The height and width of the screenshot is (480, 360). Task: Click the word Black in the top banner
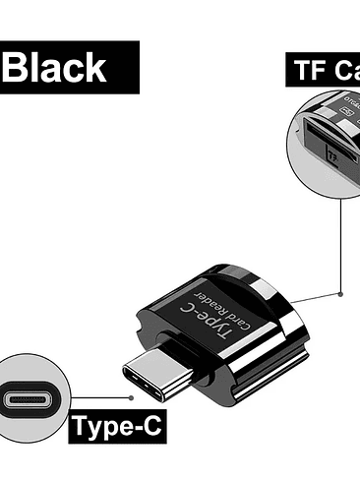coord(58,67)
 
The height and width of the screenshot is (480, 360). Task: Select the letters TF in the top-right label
coord(311,71)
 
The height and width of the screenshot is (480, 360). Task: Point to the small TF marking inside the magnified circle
coord(333,155)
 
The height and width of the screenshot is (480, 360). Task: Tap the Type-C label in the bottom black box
coord(114,428)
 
